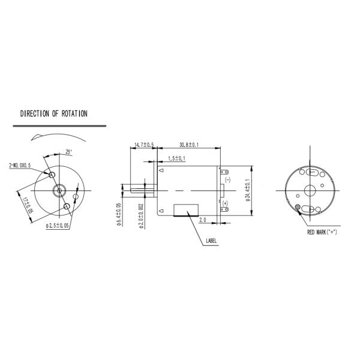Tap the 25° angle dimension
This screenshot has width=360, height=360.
(69, 152)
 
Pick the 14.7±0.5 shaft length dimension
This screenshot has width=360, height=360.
(144, 145)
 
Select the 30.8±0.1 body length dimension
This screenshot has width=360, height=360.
(189, 145)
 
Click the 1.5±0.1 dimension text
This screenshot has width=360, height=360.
(176, 158)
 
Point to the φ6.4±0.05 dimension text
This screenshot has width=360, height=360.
(119, 214)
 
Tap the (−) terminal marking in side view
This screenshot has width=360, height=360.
(226, 179)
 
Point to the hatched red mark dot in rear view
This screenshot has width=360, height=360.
(299, 208)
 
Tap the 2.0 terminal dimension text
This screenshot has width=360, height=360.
(202, 220)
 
